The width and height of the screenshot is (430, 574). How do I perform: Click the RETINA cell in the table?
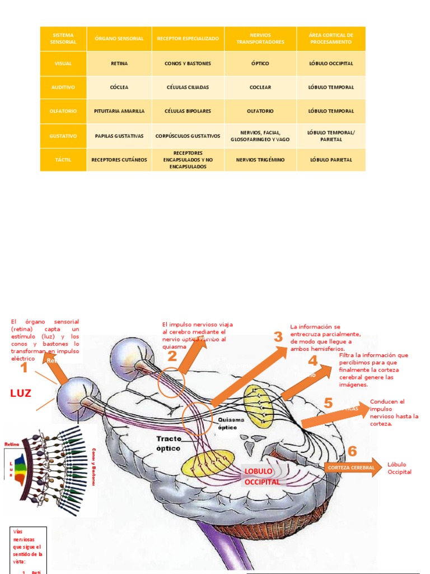tap(119, 63)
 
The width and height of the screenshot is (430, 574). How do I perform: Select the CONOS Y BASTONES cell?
tap(188, 63)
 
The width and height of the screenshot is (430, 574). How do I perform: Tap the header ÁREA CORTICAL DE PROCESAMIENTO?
tap(330, 39)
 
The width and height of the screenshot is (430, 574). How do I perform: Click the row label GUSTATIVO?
tap(63, 136)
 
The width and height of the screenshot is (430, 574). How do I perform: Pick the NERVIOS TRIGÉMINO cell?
tap(260, 160)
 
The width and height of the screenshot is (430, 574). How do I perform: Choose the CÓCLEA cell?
tap(119, 87)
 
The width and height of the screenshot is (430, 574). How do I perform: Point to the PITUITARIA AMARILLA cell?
tap(119, 111)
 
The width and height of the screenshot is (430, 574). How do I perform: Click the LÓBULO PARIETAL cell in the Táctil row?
tap(330, 160)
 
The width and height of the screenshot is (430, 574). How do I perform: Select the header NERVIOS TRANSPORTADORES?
tap(260, 39)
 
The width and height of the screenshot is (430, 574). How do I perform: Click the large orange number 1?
tap(24, 368)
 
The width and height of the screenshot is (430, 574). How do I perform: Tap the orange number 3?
tap(278, 337)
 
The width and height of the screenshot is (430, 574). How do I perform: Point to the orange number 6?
tap(352, 451)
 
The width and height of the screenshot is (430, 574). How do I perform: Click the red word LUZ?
tap(21, 394)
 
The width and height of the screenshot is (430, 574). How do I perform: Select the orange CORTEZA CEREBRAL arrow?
tap(350, 467)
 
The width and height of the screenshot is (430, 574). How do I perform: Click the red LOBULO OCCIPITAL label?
tap(261, 476)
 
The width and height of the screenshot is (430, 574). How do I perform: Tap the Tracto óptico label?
tap(169, 443)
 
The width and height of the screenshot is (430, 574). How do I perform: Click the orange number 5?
tap(328, 402)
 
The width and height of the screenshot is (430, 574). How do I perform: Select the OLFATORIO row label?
tap(63, 111)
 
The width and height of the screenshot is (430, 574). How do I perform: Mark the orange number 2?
tap(172, 355)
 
